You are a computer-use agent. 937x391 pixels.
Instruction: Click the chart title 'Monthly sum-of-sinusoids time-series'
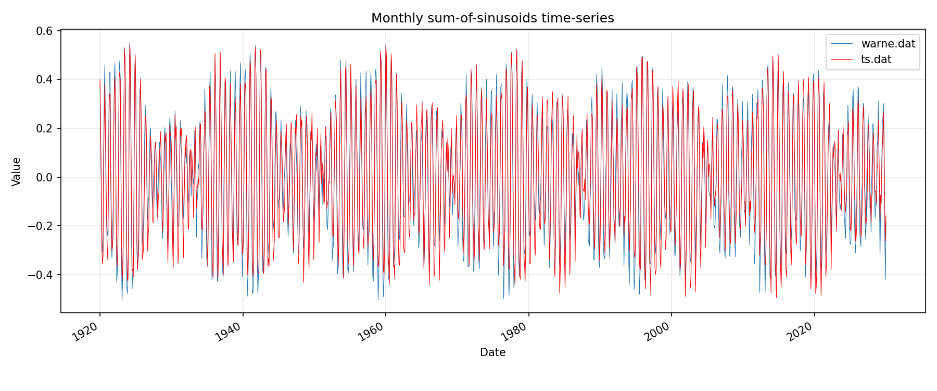tap(492, 18)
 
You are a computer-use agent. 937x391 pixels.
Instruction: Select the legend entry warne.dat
tap(888, 44)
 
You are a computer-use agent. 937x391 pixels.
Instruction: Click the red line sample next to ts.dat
tap(842, 59)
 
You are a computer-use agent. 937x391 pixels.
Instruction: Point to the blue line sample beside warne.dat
tap(842, 44)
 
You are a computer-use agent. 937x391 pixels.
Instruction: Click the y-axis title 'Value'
tap(16, 172)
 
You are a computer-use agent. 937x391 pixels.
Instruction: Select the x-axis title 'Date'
tap(492, 352)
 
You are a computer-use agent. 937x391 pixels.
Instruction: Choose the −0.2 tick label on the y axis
tap(42, 226)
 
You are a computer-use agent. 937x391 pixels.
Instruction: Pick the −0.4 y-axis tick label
tap(42, 275)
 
